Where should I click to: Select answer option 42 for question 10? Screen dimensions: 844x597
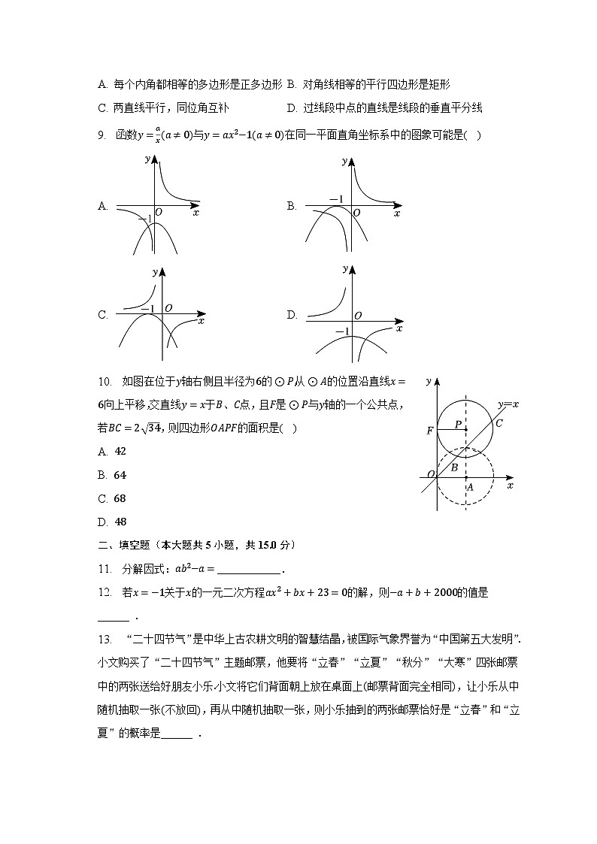120,451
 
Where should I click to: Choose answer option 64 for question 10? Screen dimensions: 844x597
120,475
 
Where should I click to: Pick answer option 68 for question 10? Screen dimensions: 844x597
120,498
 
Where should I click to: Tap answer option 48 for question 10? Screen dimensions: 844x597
120,522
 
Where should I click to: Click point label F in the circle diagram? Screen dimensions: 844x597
429,431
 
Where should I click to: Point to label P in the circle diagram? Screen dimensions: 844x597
457,425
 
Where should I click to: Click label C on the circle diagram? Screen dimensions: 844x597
498,423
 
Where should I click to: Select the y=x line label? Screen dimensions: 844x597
508,404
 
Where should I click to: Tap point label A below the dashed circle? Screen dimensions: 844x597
470,487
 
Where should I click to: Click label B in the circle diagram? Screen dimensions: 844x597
454,467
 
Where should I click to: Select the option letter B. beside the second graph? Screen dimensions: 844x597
292,206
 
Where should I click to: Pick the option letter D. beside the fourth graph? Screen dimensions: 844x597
292,316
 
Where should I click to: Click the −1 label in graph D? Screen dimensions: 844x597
342,331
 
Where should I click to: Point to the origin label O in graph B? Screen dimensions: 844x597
356,213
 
